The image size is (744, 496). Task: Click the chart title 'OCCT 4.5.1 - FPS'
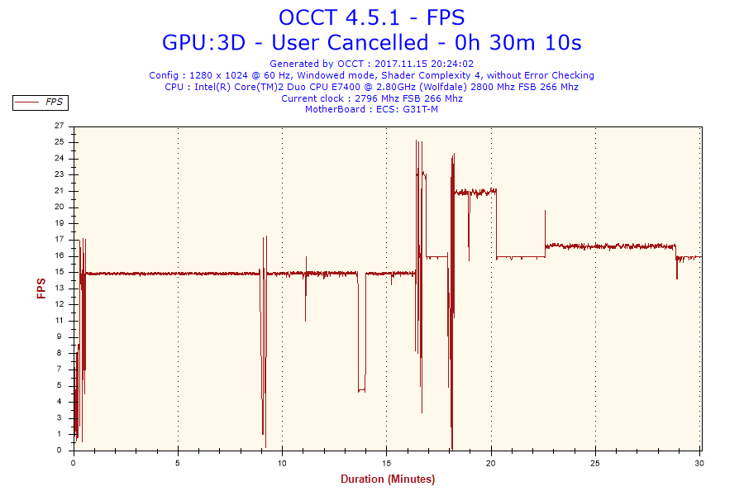[x=371, y=17]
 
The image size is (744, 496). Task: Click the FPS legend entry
[x=40, y=103]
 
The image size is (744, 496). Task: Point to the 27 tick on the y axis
[x=59, y=126]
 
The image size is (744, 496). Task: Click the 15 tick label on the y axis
[x=59, y=272]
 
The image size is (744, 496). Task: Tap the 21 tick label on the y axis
[x=59, y=191]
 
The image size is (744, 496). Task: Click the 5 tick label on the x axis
[x=178, y=463]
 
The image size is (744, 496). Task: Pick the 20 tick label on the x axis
[x=491, y=463]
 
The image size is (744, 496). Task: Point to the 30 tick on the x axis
[x=699, y=463]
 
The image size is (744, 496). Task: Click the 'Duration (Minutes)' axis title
[x=388, y=479]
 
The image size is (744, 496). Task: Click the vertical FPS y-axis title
[x=41, y=289]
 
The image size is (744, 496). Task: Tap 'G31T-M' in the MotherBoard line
[x=421, y=109]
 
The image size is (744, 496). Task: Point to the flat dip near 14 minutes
[x=361, y=391]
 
